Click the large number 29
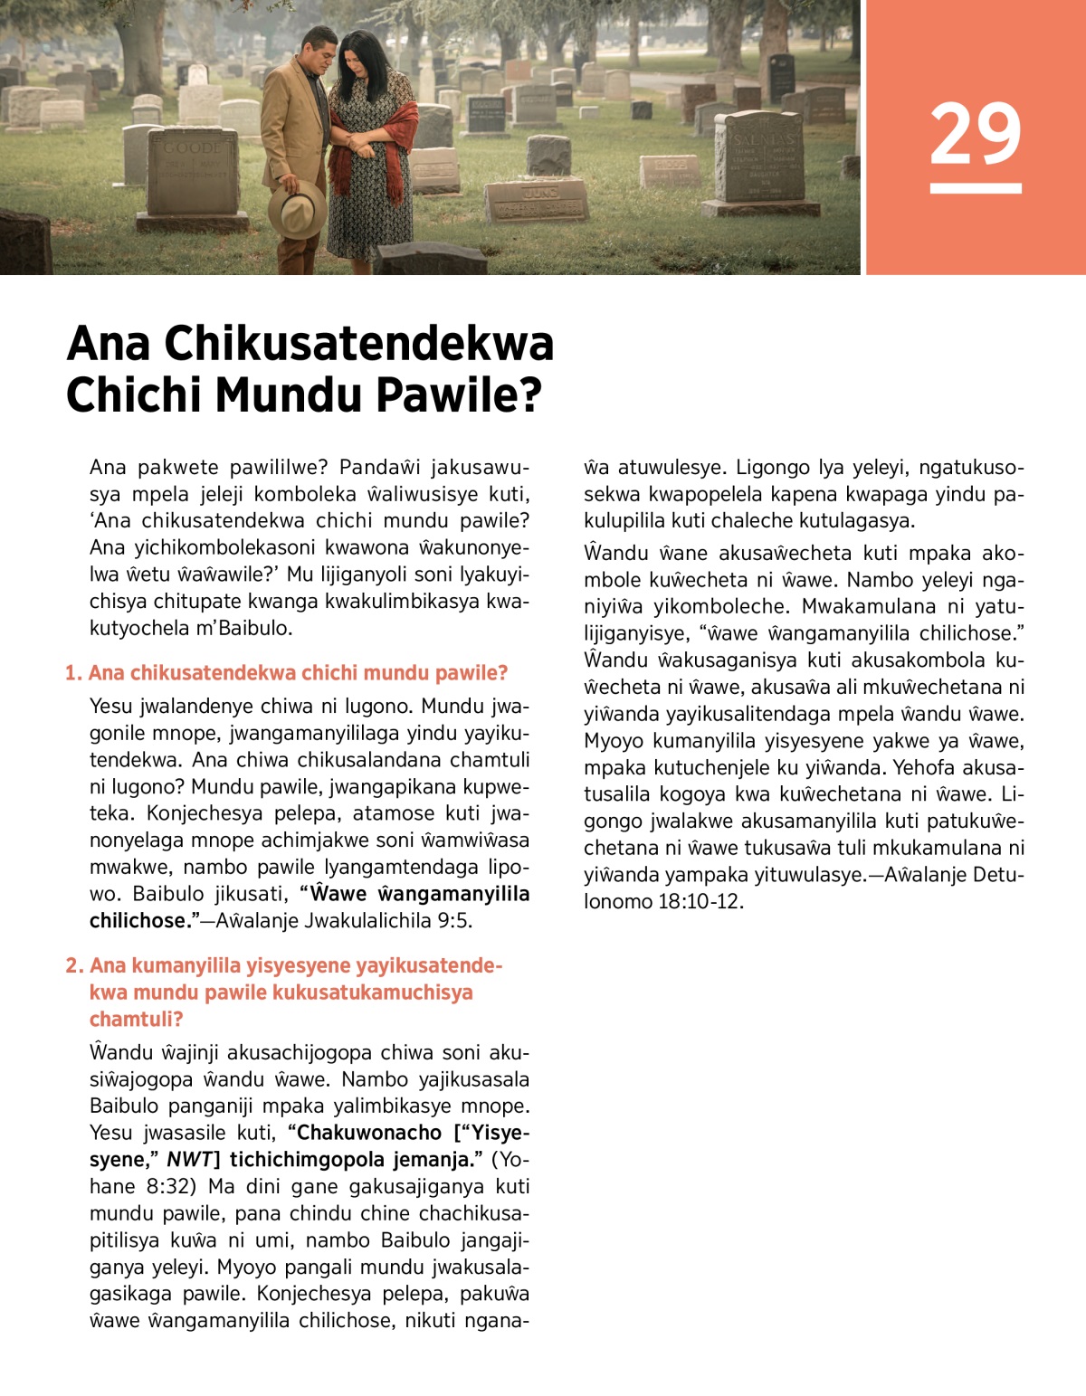tap(975, 133)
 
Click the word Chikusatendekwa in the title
tap(358, 345)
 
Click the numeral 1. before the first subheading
tap(73, 673)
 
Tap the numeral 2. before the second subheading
tap(74, 965)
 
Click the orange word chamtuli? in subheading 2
tap(136, 1019)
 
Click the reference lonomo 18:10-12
tap(663, 901)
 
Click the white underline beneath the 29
tap(975, 188)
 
